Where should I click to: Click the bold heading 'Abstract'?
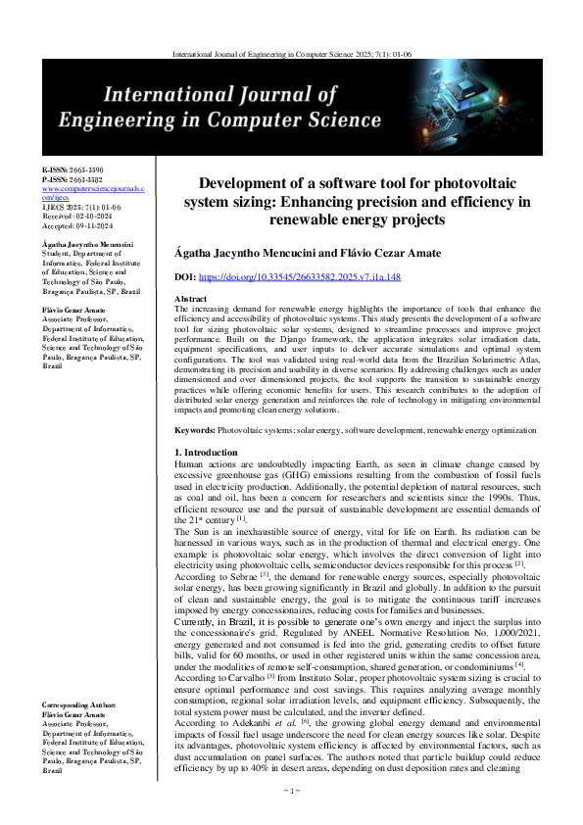click(190, 298)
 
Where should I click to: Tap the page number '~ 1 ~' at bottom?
click(291, 816)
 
